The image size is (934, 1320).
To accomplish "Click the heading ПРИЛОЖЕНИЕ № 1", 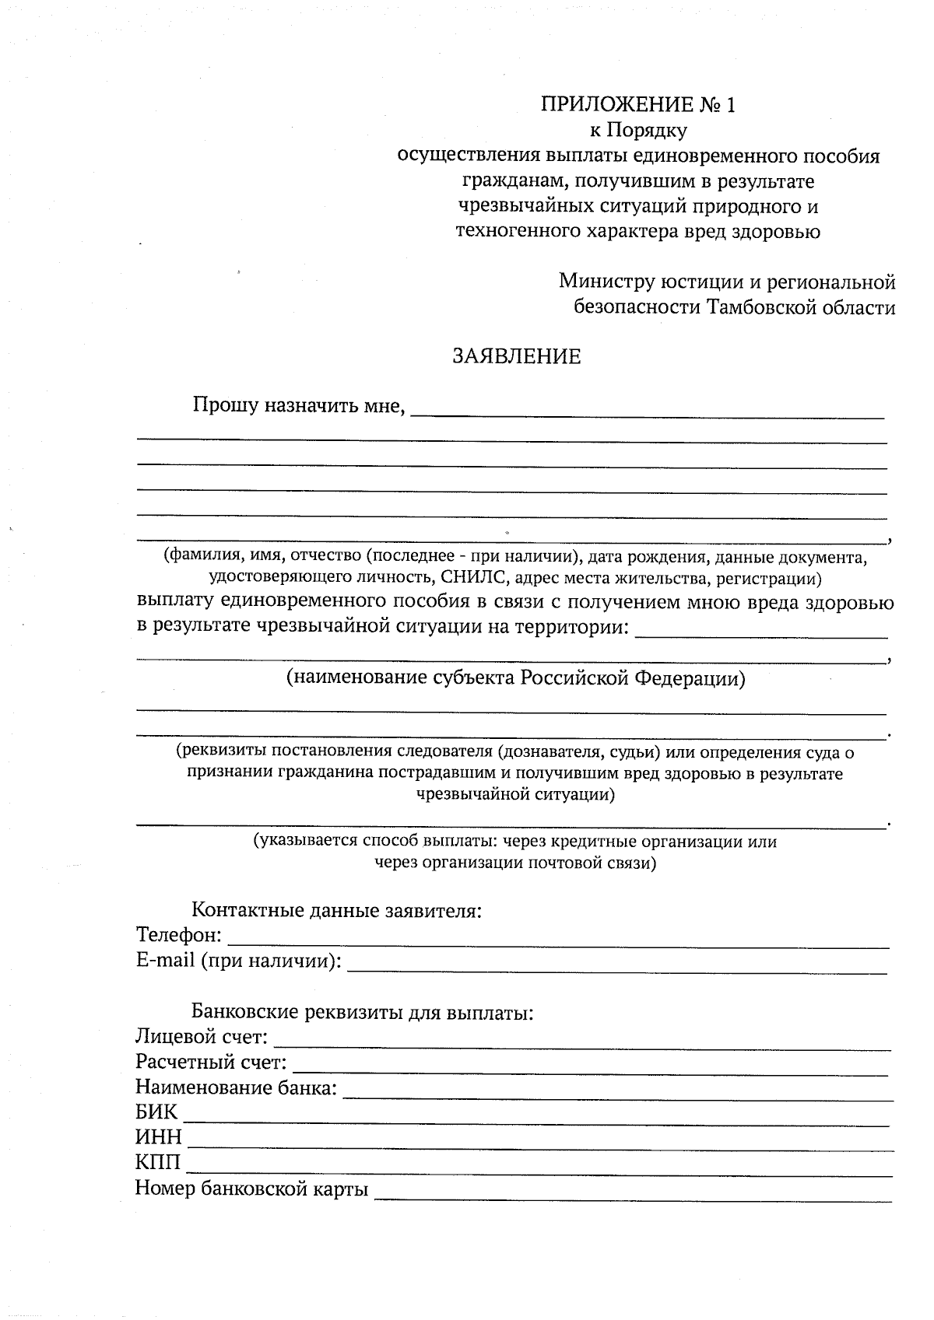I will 637,105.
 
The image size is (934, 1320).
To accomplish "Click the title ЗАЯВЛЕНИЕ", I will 517,356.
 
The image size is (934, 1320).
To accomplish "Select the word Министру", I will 606,281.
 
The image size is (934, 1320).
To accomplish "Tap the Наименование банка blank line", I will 617,1092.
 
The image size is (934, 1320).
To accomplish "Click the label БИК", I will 156,1112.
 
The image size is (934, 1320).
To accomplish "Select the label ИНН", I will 158,1138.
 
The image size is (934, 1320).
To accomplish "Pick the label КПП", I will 158,1164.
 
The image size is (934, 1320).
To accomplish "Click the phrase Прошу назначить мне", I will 298,405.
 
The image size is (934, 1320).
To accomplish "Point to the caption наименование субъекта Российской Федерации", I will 516,678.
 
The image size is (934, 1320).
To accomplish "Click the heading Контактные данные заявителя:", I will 336,910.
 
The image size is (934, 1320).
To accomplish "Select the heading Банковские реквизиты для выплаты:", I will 362,1013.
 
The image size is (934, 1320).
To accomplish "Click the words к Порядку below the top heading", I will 638,131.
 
